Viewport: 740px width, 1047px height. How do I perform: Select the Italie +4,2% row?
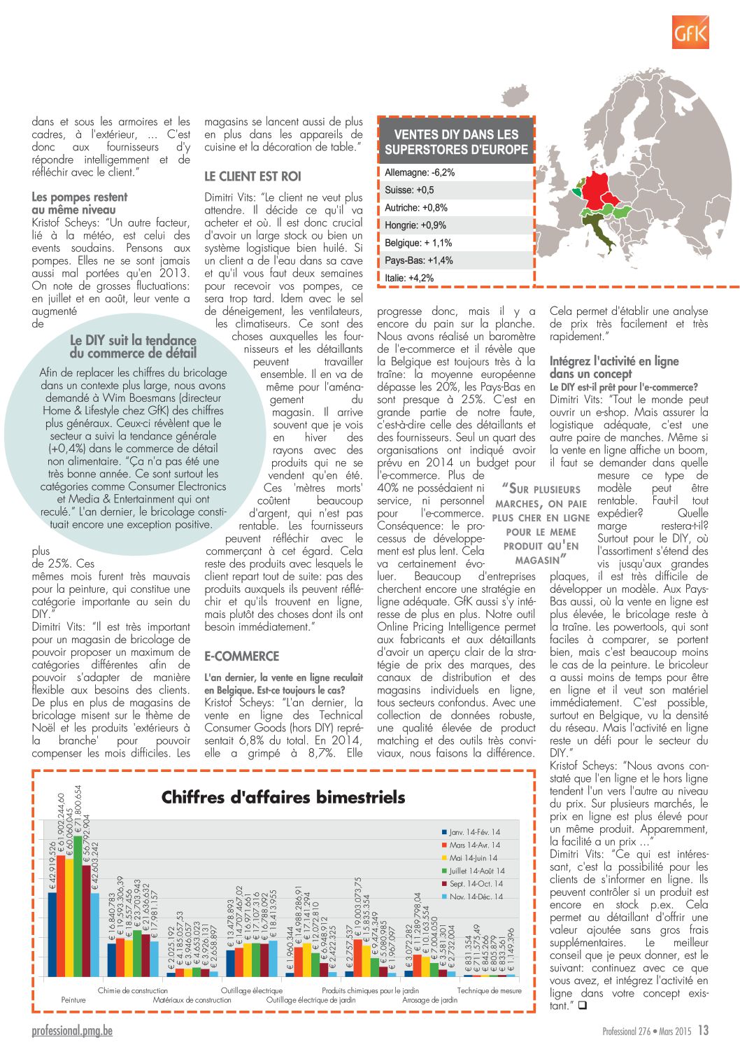coord(409,278)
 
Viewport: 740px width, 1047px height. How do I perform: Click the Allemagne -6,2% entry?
coord(420,172)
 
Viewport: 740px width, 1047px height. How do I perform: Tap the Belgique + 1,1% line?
coord(418,243)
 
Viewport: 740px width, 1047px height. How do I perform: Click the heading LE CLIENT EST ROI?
coord(252,176)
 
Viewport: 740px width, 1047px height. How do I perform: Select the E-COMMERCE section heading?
coord(241,656)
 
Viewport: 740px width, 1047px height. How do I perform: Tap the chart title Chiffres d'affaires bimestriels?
coord(283,797)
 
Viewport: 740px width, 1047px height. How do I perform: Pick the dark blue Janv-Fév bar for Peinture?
coord(52,934)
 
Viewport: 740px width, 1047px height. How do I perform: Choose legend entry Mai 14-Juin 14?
coord(473,858)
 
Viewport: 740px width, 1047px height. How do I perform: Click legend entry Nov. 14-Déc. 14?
coord(475,897)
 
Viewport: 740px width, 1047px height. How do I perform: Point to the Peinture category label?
coord(73,1000)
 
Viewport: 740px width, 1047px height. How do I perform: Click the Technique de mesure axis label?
coord(489,990)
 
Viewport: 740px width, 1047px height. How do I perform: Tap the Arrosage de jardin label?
coord(429,1000)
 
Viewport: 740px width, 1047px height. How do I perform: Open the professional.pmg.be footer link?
coord(71,1030)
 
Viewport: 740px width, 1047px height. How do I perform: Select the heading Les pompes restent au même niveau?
coord(80,203)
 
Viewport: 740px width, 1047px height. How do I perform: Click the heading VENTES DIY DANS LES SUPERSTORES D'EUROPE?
coord(456,141)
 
